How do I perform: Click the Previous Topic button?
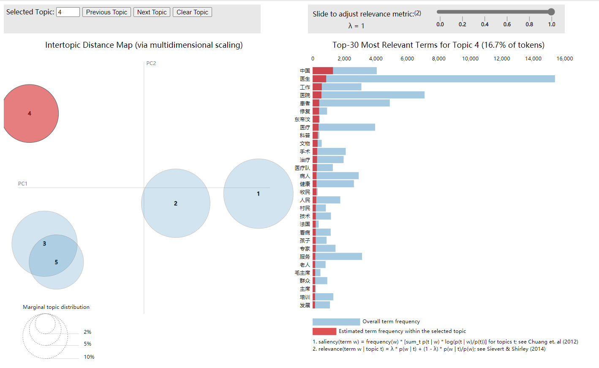(x=106, y=12)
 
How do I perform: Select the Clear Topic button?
(x=192, y=12)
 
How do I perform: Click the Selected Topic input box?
(x=68, y=12)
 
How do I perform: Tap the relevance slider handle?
(x=551, y=12)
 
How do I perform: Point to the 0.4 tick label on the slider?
(x=485, y=25)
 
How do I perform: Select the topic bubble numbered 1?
(x=258, y=194)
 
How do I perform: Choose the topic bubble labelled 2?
(x=176, y=203)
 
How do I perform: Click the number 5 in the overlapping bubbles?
(x=56, y=262)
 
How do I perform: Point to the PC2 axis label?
(x=151, y=63)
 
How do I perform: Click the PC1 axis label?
(x=22, y=184)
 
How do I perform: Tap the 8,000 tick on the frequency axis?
(x=438, y=59)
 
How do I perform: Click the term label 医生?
(x=305, y=79)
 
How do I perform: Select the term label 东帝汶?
(x=302, y=120)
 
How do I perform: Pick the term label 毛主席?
(x=302, y=273)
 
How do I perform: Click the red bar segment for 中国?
(x=323, y=71)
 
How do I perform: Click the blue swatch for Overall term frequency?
(x=336, y=322)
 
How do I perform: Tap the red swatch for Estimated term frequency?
(x=324, y=331)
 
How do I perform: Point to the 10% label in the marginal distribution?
(x=89, y=357)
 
